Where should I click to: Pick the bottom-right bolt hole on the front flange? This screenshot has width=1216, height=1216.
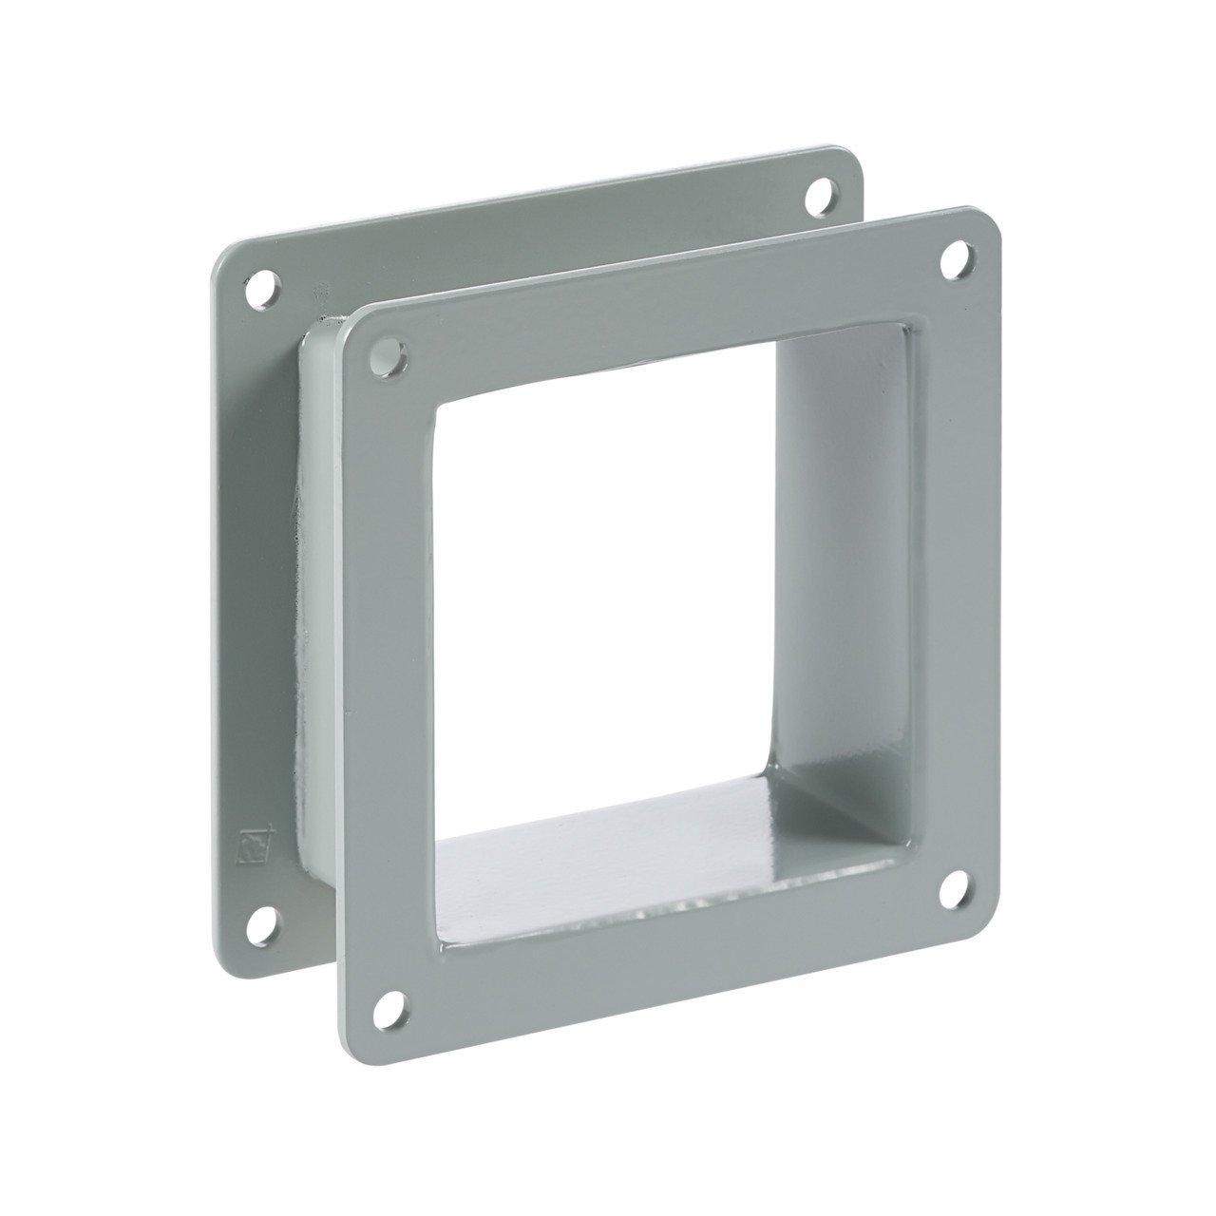[x=954, y=883]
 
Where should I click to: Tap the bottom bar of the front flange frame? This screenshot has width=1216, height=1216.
[x=665, y=940]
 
